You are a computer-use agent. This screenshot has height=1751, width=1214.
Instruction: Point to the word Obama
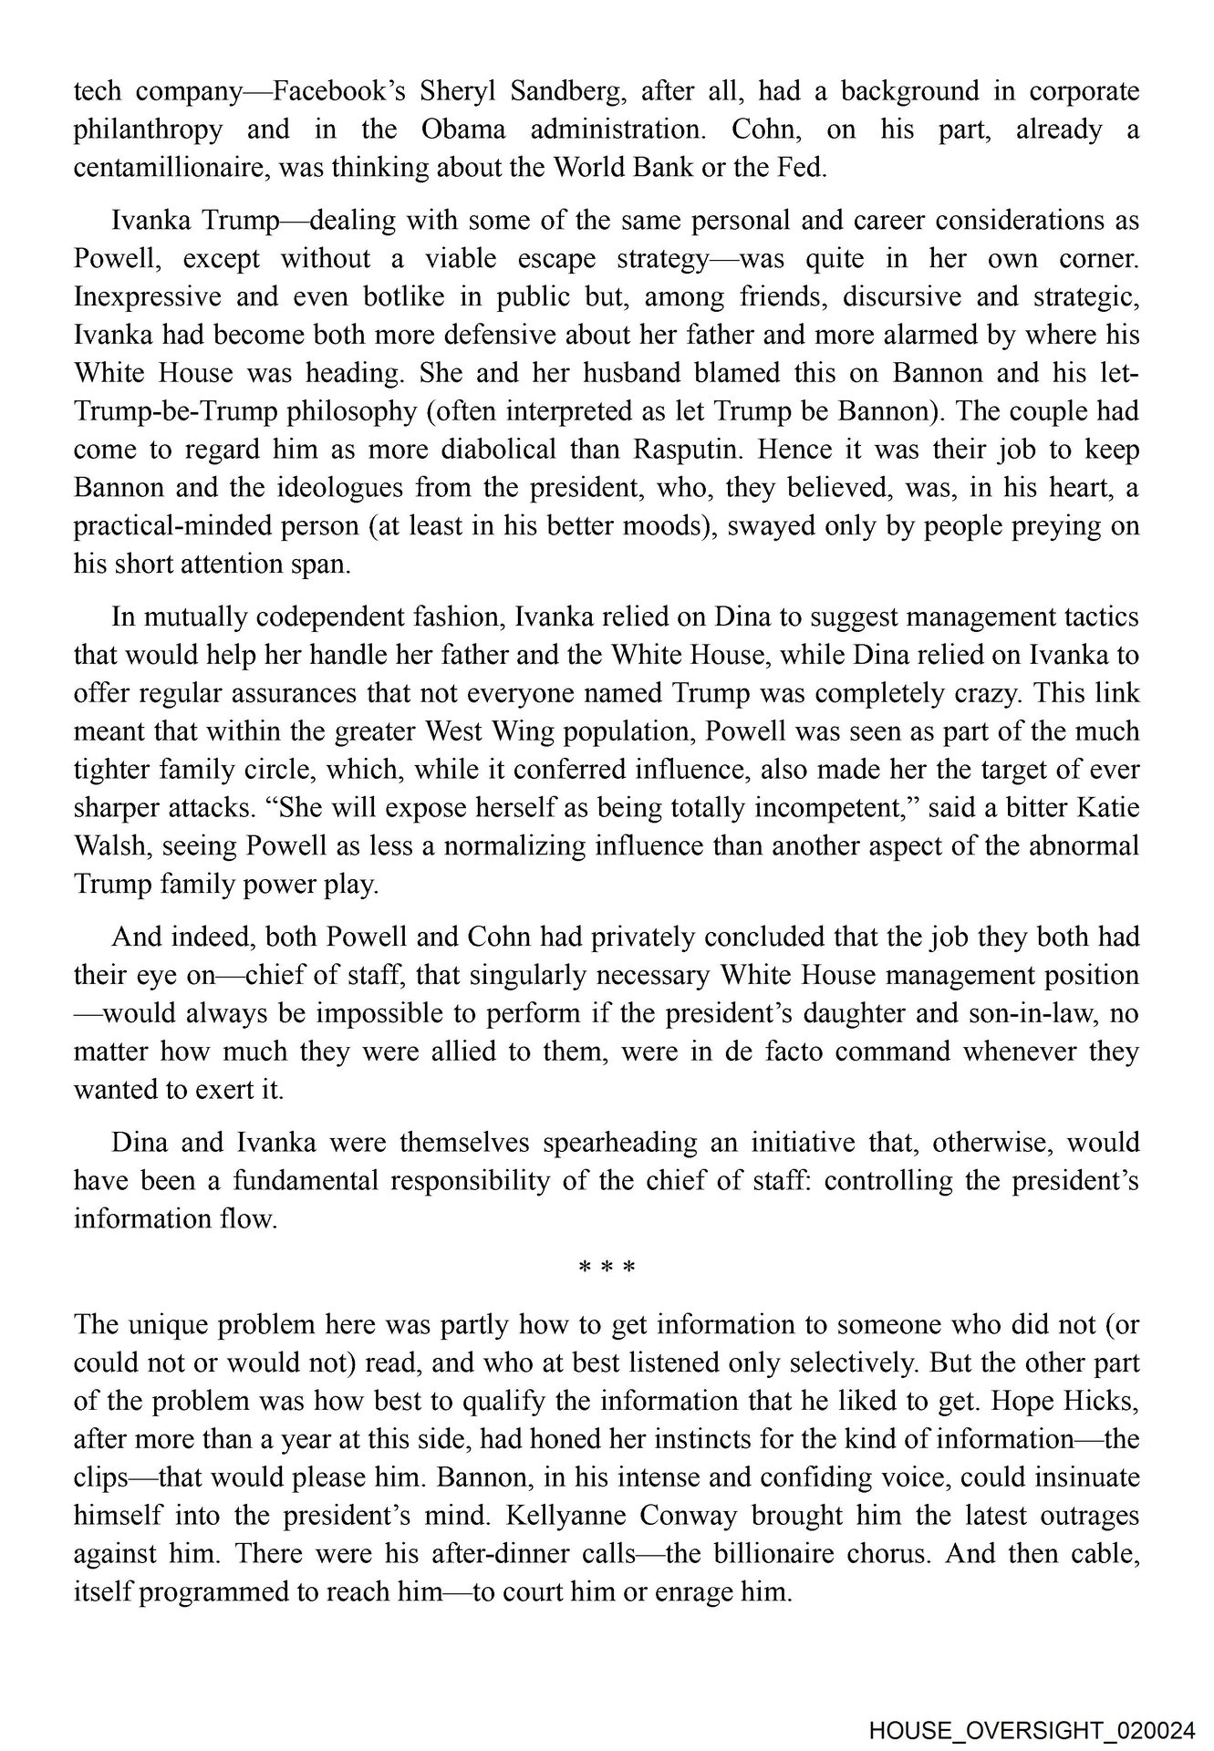(x=463, y=130)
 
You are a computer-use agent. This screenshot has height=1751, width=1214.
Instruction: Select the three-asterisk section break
(x=607, y=1268)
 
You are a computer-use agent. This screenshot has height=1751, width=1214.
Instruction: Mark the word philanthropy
(x=148, y=130)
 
